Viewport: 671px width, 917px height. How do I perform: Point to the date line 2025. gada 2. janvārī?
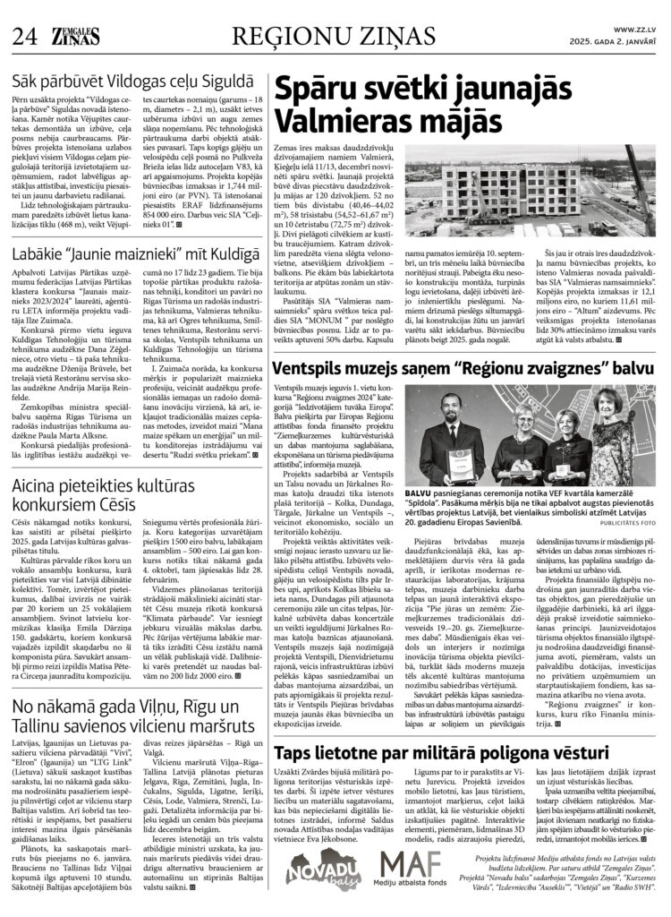(618, 42)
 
